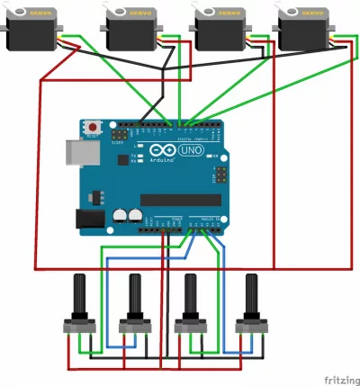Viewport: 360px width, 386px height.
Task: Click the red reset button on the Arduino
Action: [92, 127]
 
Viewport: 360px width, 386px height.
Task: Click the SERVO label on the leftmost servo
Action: [38, 13]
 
